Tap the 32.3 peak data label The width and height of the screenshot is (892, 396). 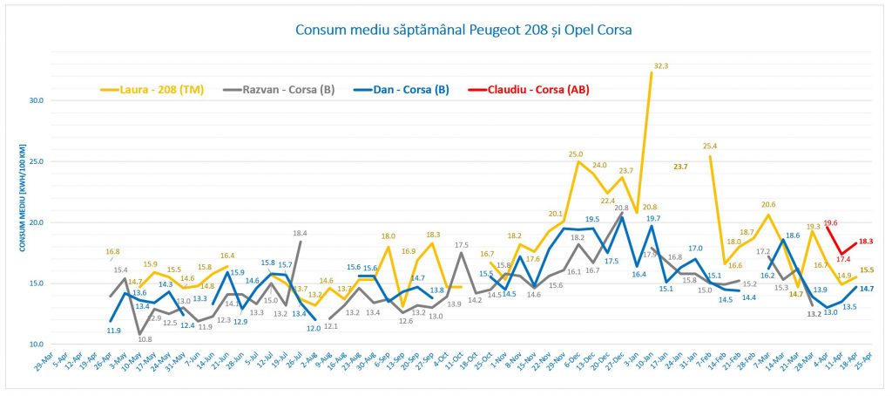660,65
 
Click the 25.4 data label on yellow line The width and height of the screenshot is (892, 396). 710,146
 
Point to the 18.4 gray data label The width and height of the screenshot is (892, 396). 300,233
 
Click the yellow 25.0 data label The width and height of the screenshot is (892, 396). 576,154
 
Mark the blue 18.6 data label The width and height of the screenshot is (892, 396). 793,235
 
